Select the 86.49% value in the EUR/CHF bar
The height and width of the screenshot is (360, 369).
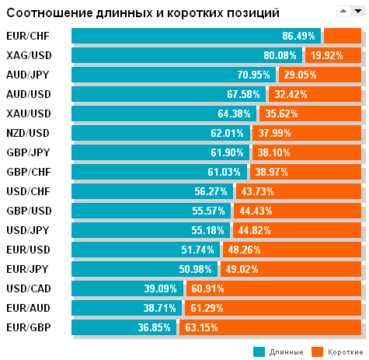click(x=298, y=36)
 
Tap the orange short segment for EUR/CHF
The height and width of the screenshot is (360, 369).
click(x=342, y=36)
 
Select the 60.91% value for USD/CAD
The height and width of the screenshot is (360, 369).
click(x=205, y=288)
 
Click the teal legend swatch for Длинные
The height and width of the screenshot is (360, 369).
click(x=259, y=351)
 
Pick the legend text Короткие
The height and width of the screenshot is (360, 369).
click(x=344, y=352)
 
